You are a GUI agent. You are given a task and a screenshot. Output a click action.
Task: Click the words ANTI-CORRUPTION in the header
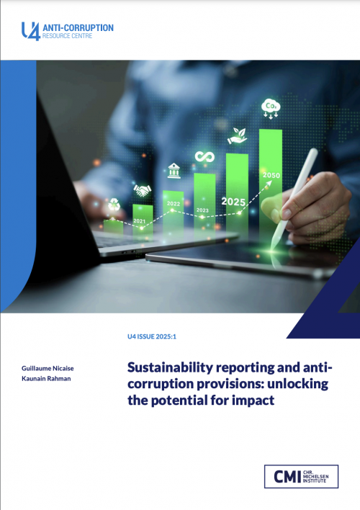(78, 27)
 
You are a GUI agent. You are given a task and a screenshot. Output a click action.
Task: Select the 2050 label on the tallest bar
(271, 175)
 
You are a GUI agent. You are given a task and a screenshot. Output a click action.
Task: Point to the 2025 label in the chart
(233, 202)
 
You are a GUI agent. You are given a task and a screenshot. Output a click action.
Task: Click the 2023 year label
(202, 210)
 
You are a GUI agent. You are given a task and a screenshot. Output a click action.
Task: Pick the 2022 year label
(174, 204)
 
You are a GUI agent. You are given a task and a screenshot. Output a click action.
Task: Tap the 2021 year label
(140, 220)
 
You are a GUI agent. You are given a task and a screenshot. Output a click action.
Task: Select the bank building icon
(174, 171)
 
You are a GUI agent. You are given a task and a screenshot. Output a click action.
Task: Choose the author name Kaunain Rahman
(44, 378)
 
